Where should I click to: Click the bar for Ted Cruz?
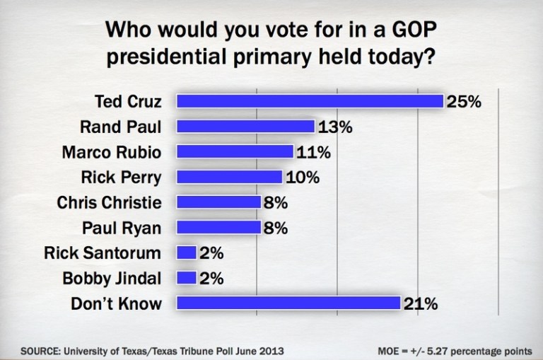click(310, 101)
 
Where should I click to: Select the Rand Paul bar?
click(245, 127)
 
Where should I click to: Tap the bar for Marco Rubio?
click(235, 152)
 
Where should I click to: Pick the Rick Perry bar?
click(229, 177)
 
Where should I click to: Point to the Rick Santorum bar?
click(186, 252)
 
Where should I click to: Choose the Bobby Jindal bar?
click(186, 278)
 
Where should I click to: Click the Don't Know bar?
click(288, 303)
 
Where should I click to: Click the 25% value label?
click(464, 102)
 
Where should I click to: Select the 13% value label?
click(334, 127)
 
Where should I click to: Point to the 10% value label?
click(302, 178)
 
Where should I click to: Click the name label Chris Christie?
click(109, 203)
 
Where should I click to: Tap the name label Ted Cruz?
click(128, 102)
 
